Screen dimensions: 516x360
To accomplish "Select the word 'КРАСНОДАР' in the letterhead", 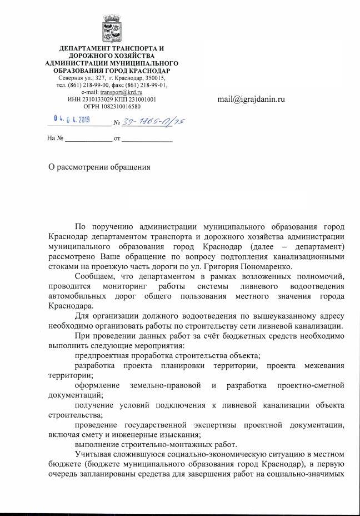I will [148, 71].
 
